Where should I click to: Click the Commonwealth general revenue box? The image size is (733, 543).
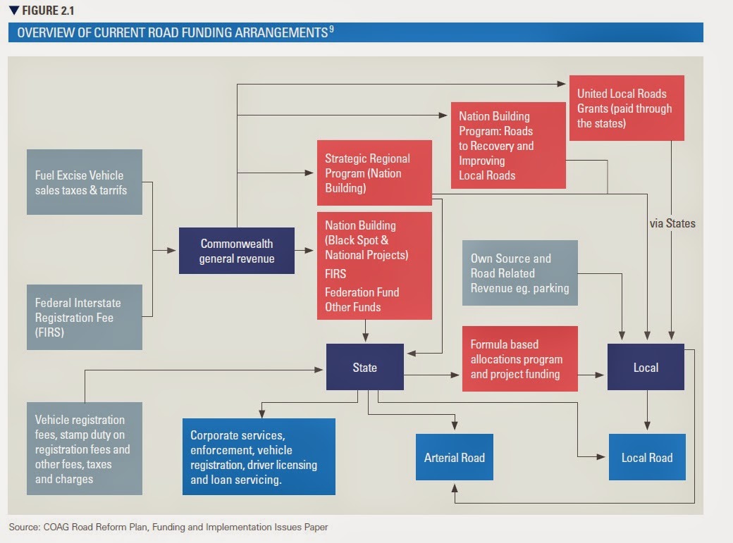(237, 251)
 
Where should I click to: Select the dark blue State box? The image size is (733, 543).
(364, 367)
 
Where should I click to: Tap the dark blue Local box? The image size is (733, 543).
(646, 367)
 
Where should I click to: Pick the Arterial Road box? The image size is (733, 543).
(455, 457)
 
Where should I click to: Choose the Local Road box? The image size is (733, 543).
(647, 457)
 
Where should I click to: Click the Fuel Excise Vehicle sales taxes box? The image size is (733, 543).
(85, 182)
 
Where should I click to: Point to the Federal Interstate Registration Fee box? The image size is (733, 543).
(85, 318)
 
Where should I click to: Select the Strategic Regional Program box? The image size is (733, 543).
(374, 173)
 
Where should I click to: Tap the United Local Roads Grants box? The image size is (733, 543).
(627, 108)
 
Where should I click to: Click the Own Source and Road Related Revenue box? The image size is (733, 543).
(520, 273)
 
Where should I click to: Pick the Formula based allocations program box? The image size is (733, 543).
(520, 359)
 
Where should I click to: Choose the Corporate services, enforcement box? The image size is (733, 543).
(259, 456)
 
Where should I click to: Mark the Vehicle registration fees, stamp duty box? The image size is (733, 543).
(85, 449)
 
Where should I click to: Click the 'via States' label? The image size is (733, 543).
(672, 223)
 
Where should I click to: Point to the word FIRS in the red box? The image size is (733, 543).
(335, 274)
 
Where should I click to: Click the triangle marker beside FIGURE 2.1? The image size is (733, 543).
(14, 11)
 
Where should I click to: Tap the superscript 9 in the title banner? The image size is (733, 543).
(331, 29)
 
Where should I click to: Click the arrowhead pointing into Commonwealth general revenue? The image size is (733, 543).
(171, 251)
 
